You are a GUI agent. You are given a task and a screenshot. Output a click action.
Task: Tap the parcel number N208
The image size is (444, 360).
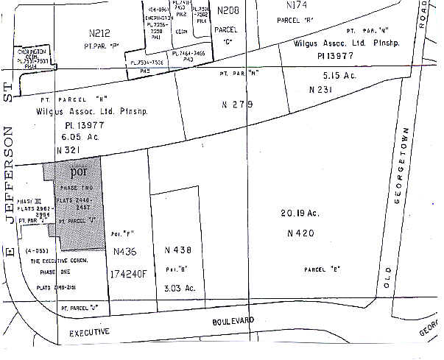click(229, 11)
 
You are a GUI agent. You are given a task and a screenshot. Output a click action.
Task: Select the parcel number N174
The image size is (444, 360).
click(298, 5)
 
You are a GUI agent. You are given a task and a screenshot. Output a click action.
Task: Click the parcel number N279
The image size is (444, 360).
click(237, 105)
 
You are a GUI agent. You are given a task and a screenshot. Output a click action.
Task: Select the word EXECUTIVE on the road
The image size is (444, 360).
click(90, 332)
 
